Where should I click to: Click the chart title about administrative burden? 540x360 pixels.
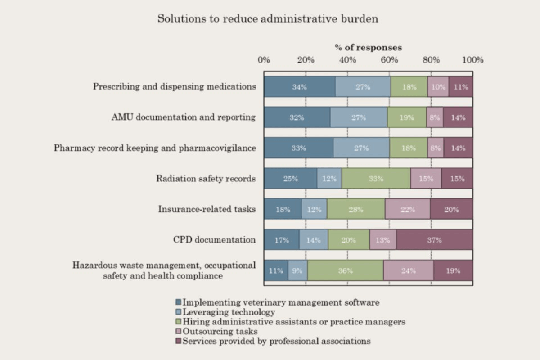tap(267, 19)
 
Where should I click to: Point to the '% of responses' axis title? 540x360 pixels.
tap(368, 47)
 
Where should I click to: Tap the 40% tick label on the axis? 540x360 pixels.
tap(347, 60)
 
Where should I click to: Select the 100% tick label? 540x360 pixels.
tap(472, 60)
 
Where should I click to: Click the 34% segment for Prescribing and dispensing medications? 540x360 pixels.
tap(299, 87)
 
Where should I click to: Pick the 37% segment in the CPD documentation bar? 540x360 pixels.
tap(434, 240)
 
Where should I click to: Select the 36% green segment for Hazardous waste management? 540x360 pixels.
tap(346, 270)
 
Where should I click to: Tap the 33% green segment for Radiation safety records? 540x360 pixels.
tap(376, 179)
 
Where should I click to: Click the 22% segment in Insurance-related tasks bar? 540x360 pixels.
tap(407, 209)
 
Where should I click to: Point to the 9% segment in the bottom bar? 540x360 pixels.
tap(298, 270)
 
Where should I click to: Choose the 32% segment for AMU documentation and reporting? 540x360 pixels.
tap(297, 117)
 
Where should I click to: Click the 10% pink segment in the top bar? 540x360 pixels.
tap(438, 87)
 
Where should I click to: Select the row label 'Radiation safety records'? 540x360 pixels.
tap(206, 179)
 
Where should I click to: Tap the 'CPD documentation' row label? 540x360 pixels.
tap(214, 240)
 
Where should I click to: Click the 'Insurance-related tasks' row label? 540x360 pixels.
tap(207, 209)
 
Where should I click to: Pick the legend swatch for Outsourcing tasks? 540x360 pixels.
tap(179, 331)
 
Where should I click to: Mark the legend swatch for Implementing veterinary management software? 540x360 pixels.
tap(179, 302)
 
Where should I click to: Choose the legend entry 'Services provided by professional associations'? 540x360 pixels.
tap(276, 341)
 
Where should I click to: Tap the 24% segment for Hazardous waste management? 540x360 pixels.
tap(409, 270)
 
